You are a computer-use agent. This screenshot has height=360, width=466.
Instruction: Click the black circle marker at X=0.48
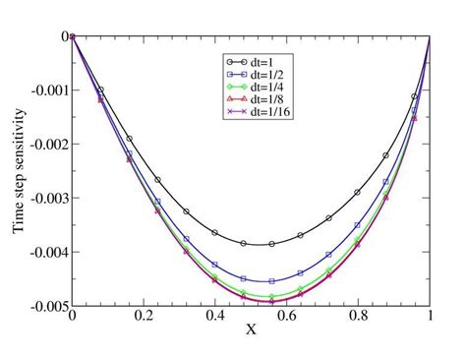[244, 243]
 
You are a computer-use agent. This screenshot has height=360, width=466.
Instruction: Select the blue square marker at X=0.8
[358, 225]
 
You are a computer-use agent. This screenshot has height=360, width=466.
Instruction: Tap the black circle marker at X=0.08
[100, 90]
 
